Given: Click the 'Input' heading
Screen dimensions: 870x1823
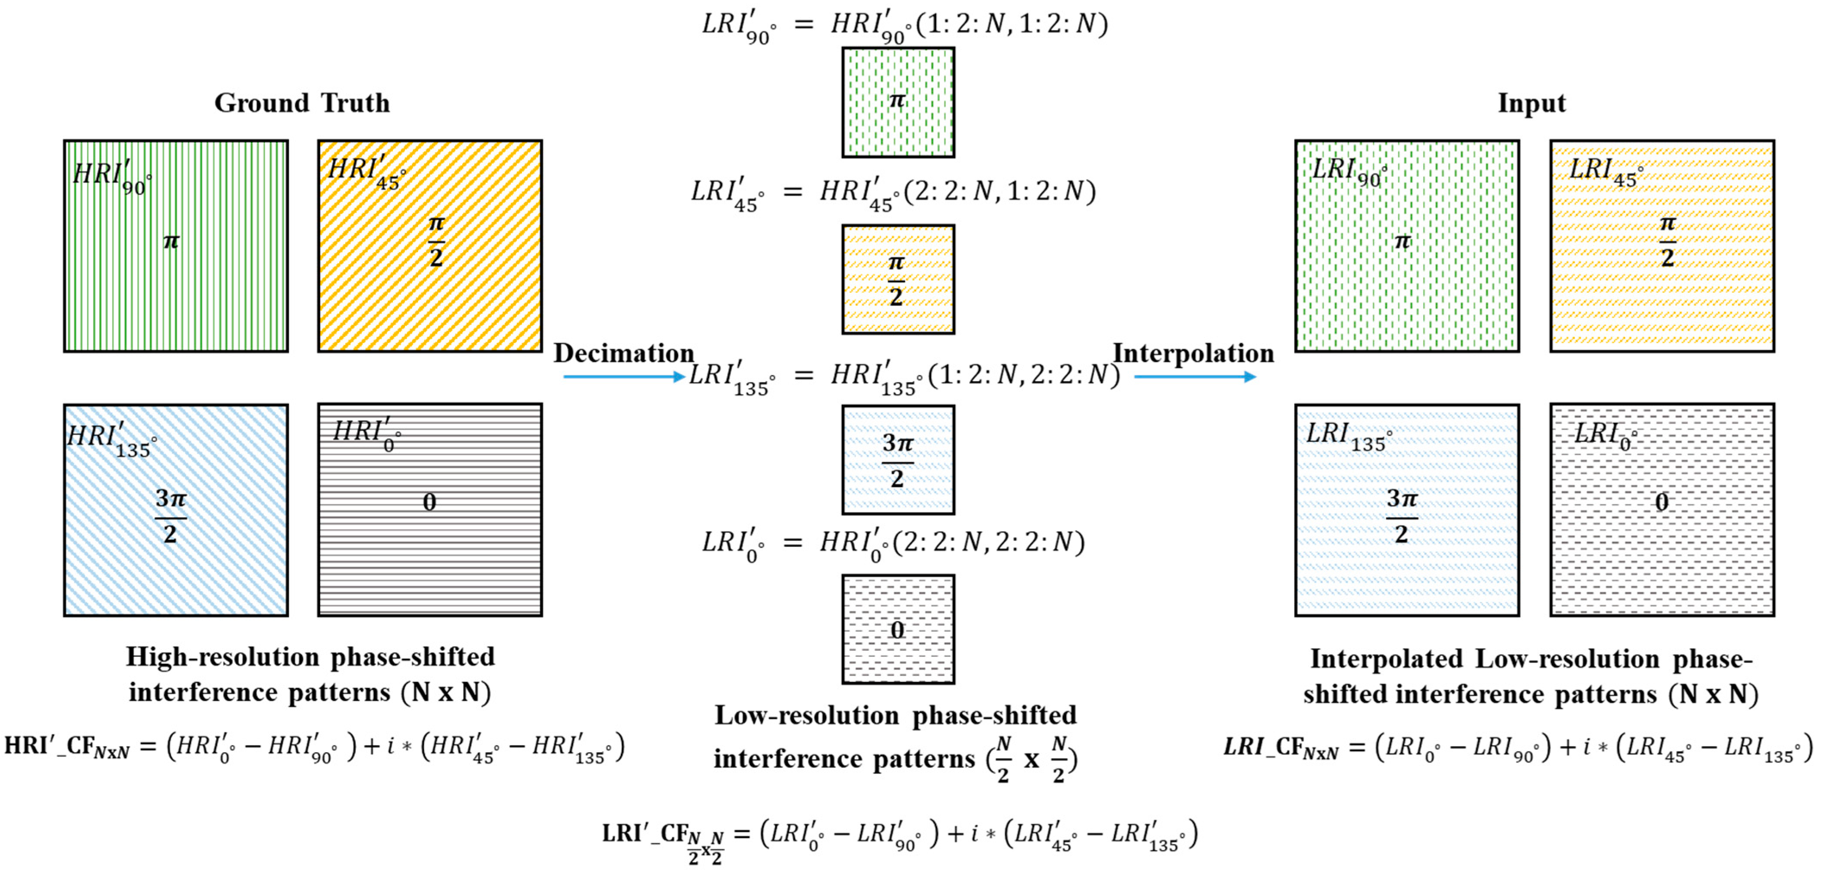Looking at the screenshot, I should click(x=1531, y=104).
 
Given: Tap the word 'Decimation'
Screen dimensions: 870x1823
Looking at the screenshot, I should click(x=623, y=353).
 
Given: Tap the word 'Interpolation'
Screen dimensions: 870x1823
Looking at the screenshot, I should click(x=1193, y=353).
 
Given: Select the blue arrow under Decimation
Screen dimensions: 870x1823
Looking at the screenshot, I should click(x=623, y=377).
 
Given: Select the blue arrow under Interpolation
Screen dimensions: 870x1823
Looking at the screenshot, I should click(x=1194, y=377).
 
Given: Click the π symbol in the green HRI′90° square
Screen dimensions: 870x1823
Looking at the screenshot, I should click(x=171, y=241).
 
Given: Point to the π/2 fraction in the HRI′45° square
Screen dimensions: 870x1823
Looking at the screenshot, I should click(x=436, y=241).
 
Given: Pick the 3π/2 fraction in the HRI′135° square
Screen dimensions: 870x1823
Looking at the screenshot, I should click(x=171, y=515).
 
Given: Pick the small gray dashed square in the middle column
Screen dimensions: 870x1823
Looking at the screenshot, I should click(x=897, y=629).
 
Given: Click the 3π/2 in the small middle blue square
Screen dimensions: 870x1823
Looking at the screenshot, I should click(x=897, y=460).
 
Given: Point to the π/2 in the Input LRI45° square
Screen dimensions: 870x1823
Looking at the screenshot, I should click(x=1667, y=241).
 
